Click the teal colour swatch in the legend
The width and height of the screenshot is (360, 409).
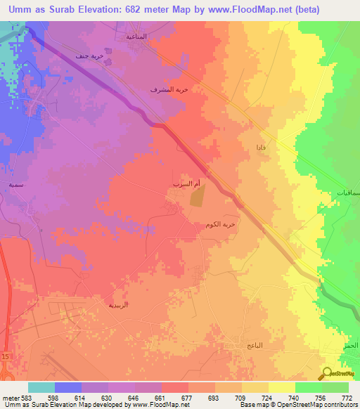tap(41, 387)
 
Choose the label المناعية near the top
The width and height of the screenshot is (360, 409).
tap(136, 36)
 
